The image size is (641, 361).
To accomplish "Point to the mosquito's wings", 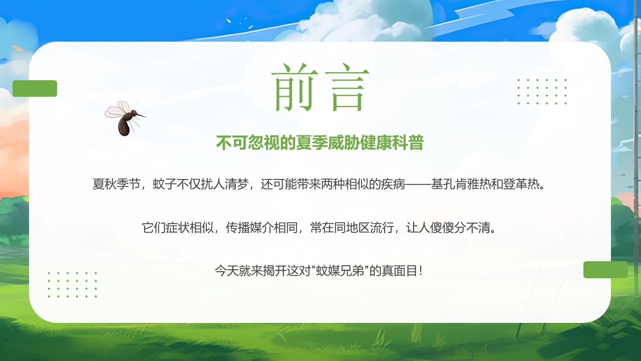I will pos(118,109).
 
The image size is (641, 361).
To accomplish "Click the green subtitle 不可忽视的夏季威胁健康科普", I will pos(320,143).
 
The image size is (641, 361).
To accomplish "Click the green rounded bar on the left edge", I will pos(35,88).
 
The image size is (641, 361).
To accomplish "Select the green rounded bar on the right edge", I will pos(605,270).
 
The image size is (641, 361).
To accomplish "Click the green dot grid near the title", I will pos(542,92).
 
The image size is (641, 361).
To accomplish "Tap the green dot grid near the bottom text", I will pos(73,285).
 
